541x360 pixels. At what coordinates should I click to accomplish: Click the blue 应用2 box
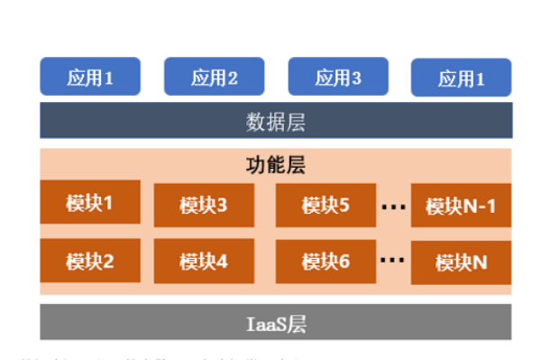click(214, 77)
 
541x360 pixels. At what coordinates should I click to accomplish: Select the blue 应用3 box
click(337, 77)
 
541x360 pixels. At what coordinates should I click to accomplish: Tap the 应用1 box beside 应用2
click(90, 77)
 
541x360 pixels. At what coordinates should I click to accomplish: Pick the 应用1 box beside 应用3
click(461, 78)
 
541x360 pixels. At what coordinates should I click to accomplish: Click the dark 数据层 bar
click(276, 120)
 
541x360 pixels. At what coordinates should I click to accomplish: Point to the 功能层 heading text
click(276, 165)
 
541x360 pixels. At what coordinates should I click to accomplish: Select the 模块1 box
click(90, 202)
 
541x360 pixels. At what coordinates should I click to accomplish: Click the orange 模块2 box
click(90, 261)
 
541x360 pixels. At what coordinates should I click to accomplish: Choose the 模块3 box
click(203, 206)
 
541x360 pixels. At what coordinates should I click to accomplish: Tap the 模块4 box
click(203, 262)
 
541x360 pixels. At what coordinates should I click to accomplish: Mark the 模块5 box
click(325, 205)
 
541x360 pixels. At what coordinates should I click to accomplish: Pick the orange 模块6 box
click(325, 261)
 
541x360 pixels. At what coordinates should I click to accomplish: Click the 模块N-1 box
click(461, 206)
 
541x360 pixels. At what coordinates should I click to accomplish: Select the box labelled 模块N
click(461, 263)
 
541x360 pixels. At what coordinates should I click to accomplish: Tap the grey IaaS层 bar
click(276, 323)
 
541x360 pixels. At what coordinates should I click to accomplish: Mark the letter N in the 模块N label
click(479, 263)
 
